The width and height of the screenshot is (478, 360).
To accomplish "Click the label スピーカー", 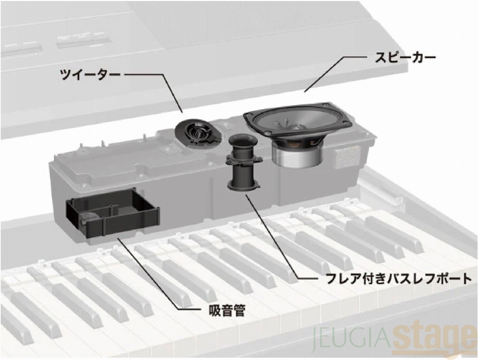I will (405, 58).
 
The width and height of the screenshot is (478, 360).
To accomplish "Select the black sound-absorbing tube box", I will (112, 215).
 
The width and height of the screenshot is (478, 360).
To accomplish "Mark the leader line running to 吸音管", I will (149, 274).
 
